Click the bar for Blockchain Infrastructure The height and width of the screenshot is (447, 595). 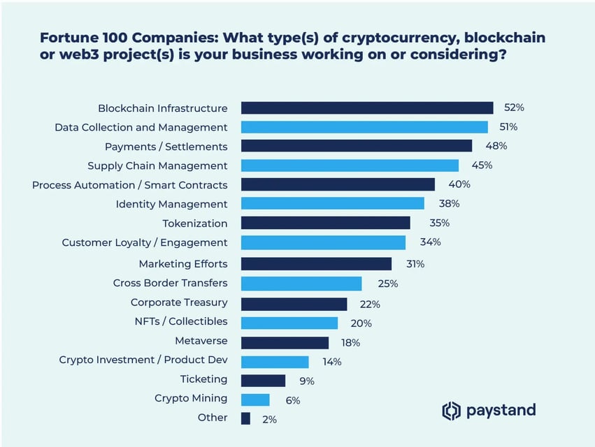pyautogui.click(x=367, y=108)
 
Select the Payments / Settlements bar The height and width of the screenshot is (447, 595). pyautogui.click(x=357, y=146)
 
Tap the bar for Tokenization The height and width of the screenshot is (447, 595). pyautogui.click(x=325, y=223)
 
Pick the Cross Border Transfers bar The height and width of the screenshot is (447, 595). pyautogui.click(x=301, y=283)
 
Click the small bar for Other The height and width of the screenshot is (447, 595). pyautogui.click(x=245, y=418)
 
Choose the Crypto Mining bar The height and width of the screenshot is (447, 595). pyautogui.click(x=255, y=400)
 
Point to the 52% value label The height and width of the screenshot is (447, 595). pyautogui.click(x=514, y=108)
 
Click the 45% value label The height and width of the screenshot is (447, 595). pyautogui.click(x=482, y=166)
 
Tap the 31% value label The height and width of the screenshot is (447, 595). pyautogui.click(x=415, y=264)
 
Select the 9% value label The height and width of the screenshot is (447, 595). pyautogui.click(x=307, y=381)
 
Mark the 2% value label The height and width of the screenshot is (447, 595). pyautogui.click(x=269, y=420)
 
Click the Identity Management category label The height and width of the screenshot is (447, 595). pyautogui.click(x=171, y=204)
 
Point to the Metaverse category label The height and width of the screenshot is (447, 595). pyautogui.click(x=201, y=341)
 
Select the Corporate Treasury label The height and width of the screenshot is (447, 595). pyautogui.click(x=179, y=302)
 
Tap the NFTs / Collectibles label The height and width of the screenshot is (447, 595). pyautogui.click(x=180, y=321)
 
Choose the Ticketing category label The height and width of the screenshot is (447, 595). pyautogui.click(x=203, y=379)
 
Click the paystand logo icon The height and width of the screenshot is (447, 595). pyautogui.click(x=452, y=411)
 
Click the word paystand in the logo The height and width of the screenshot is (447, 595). pyautogui.click(x=501, y=410)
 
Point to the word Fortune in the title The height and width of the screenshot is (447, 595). pyautogui.click(x=67, y=38)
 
